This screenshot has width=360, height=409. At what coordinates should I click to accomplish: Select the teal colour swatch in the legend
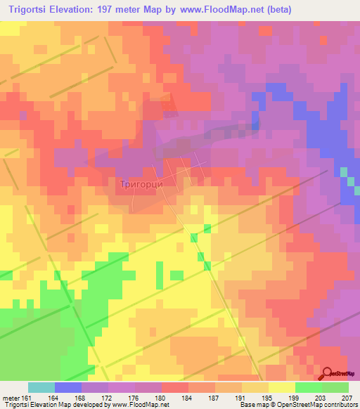click(x=41, y=387)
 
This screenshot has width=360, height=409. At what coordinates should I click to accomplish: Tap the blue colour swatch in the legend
click(x=68, y=387)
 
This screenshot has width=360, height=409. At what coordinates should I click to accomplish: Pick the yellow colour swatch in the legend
click(x=282, y=387)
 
